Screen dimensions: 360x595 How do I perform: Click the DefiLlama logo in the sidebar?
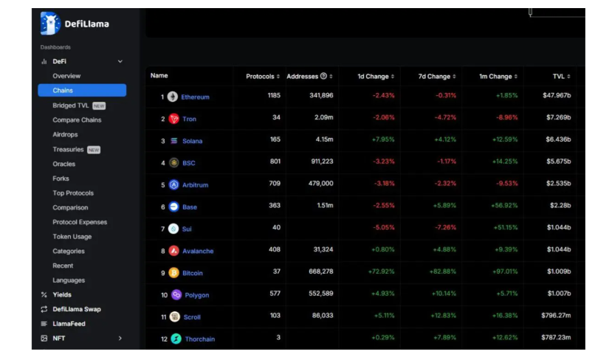pyautogui.click(x=50, y=24)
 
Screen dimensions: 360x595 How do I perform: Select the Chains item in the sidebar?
pyautogui.click(x=63, y=91)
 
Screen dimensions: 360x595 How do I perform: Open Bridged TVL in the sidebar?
pyautogui.click(x=70, y=105)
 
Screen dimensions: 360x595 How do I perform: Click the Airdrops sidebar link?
pyautogui.click(x=65, y=134)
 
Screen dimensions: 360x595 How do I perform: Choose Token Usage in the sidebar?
pyautogui.click(x=72, y=237)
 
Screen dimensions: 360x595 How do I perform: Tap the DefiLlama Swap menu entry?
pyautogui.click(x=77, y=309)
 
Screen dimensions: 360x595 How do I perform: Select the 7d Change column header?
pyautogui.click(x=436, y=76)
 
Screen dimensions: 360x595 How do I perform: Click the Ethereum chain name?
pyautogui.click(x=195, y=97)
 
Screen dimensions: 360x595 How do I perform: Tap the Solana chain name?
pyautogui.click(x=192, y=141)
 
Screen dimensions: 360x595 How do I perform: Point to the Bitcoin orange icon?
pyautogui.click(x=174, y=273)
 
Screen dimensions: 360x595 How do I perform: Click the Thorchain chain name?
pyautogui.click(x=199, y=339)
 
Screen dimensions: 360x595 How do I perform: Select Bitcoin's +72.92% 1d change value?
pyautogui.click(x=381, y=272)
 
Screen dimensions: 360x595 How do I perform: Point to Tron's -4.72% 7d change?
pyautogui.click(x=444, y=118)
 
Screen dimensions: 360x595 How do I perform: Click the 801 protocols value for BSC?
pyautogui.click(x=274, y=162)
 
